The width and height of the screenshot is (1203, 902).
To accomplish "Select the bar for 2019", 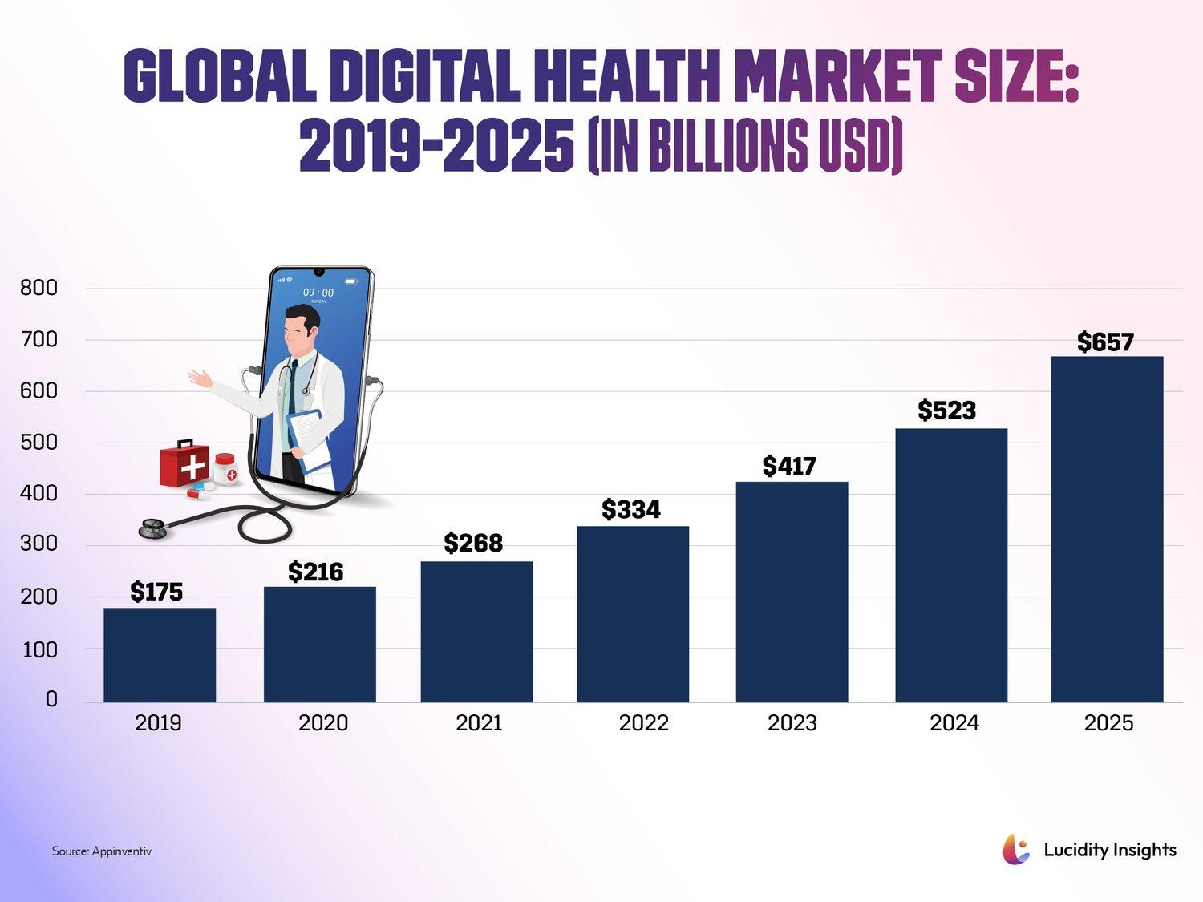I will click(x=160, y=655).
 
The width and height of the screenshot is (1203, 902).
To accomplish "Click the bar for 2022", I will click(x=633, y=614).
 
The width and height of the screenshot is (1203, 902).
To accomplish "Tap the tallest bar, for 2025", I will click(x=1107, y=529).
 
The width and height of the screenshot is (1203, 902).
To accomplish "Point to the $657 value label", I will click(x=1105, y=342).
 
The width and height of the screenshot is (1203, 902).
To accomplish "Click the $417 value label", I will click(x=789, y=466).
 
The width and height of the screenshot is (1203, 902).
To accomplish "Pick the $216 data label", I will click(x=316, y=572).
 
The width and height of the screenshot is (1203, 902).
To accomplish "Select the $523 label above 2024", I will click(x=947, y=411).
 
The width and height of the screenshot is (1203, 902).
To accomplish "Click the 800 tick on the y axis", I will click(x=38, y=288).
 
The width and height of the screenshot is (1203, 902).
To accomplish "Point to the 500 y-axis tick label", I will click(x=38, y=442).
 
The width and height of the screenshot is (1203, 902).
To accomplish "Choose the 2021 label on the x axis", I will click(x=479, y=723).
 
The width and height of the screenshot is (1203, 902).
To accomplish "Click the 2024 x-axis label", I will click(x=954, y=723).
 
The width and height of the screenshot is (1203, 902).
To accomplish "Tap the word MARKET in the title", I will click(x=837, y=77).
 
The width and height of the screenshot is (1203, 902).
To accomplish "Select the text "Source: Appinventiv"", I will click(x=102, y=851).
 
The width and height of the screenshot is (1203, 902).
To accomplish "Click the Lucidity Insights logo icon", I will click(x=1016, y=850).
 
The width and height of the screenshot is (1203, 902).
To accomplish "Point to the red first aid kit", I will click(x=184, y=464).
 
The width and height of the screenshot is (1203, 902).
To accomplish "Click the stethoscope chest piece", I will click(x=152, y=528).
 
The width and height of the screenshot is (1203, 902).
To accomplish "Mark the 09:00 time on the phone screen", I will click(x=318, y=293).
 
